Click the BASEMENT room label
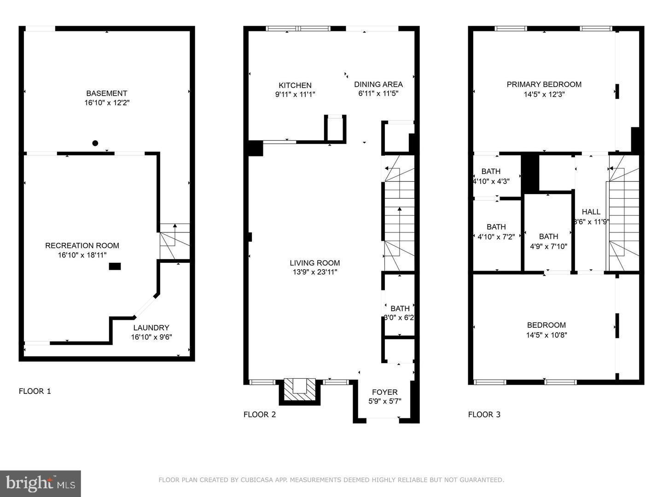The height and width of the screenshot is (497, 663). pos(106,93)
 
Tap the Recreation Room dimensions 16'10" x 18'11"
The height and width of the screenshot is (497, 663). pos(82,255)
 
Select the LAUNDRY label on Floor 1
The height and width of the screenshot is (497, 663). pos(151,328)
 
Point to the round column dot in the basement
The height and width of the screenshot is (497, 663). pos(95,143)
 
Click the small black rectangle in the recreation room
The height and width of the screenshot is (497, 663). pos(115,266)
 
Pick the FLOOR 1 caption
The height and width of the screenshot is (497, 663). pos(35,391)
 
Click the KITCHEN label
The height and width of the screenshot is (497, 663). pos(295,85)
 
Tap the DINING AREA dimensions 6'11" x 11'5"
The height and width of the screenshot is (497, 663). pos(378,93)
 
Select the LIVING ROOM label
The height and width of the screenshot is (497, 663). pos(315,263)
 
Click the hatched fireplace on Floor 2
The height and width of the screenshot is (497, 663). pos(300,390)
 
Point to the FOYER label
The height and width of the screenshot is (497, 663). pos(384,392)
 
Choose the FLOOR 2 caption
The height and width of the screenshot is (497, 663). pos(260,414)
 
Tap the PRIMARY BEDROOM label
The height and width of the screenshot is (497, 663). pos(544,84)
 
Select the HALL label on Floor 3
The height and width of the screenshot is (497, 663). pos(591,212)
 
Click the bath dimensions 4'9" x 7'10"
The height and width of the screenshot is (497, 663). pos(548,246)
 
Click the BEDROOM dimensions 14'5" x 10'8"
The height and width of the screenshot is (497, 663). pos(547,335)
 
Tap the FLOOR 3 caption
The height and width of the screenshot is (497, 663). pos(484,414)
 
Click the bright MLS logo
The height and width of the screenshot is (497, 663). pos(41,483)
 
